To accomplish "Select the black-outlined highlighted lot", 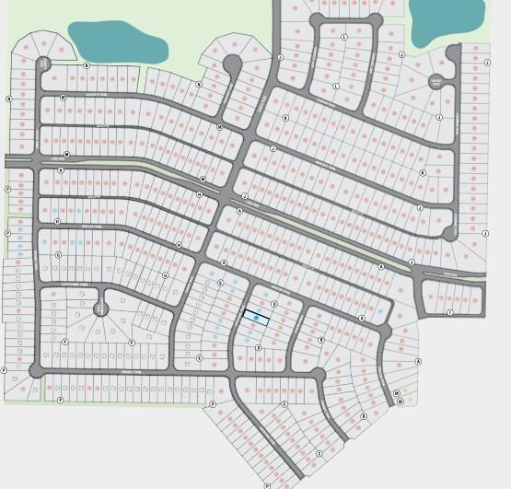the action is coord(256,318).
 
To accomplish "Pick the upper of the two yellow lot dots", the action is coord(405,390).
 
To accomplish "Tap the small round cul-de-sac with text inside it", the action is coord(436,82).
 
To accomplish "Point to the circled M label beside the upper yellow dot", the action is coord(396,393).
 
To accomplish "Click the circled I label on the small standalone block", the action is coord(449,313).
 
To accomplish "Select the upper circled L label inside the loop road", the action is coord(344,37).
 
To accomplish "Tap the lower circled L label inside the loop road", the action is coord(337,87).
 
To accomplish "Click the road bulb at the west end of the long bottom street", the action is coord(36,371).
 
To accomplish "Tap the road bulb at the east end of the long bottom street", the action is coord(318,376).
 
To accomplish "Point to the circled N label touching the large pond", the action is coord(87,65).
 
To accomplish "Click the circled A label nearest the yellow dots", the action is coord(419,361).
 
